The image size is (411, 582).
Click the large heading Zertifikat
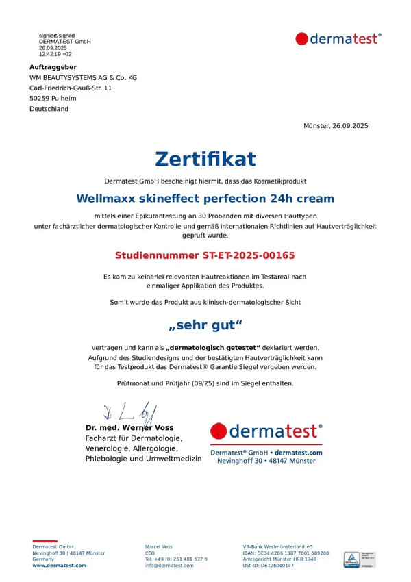(206, 159)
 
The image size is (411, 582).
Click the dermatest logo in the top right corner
(338, 39)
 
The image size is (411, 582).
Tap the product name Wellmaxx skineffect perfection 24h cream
(206, 199)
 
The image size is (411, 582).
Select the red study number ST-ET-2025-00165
(206, 255)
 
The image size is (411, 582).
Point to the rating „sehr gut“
(206, 325)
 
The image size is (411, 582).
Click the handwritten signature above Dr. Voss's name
(130, 413)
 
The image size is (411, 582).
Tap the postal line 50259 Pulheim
(53, 99)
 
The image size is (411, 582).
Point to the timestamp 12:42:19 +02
(55, 53)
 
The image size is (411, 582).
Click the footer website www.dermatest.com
(60, 566)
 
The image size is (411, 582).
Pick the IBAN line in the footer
(285, 553)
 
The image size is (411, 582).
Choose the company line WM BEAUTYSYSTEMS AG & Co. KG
(83, 78)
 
